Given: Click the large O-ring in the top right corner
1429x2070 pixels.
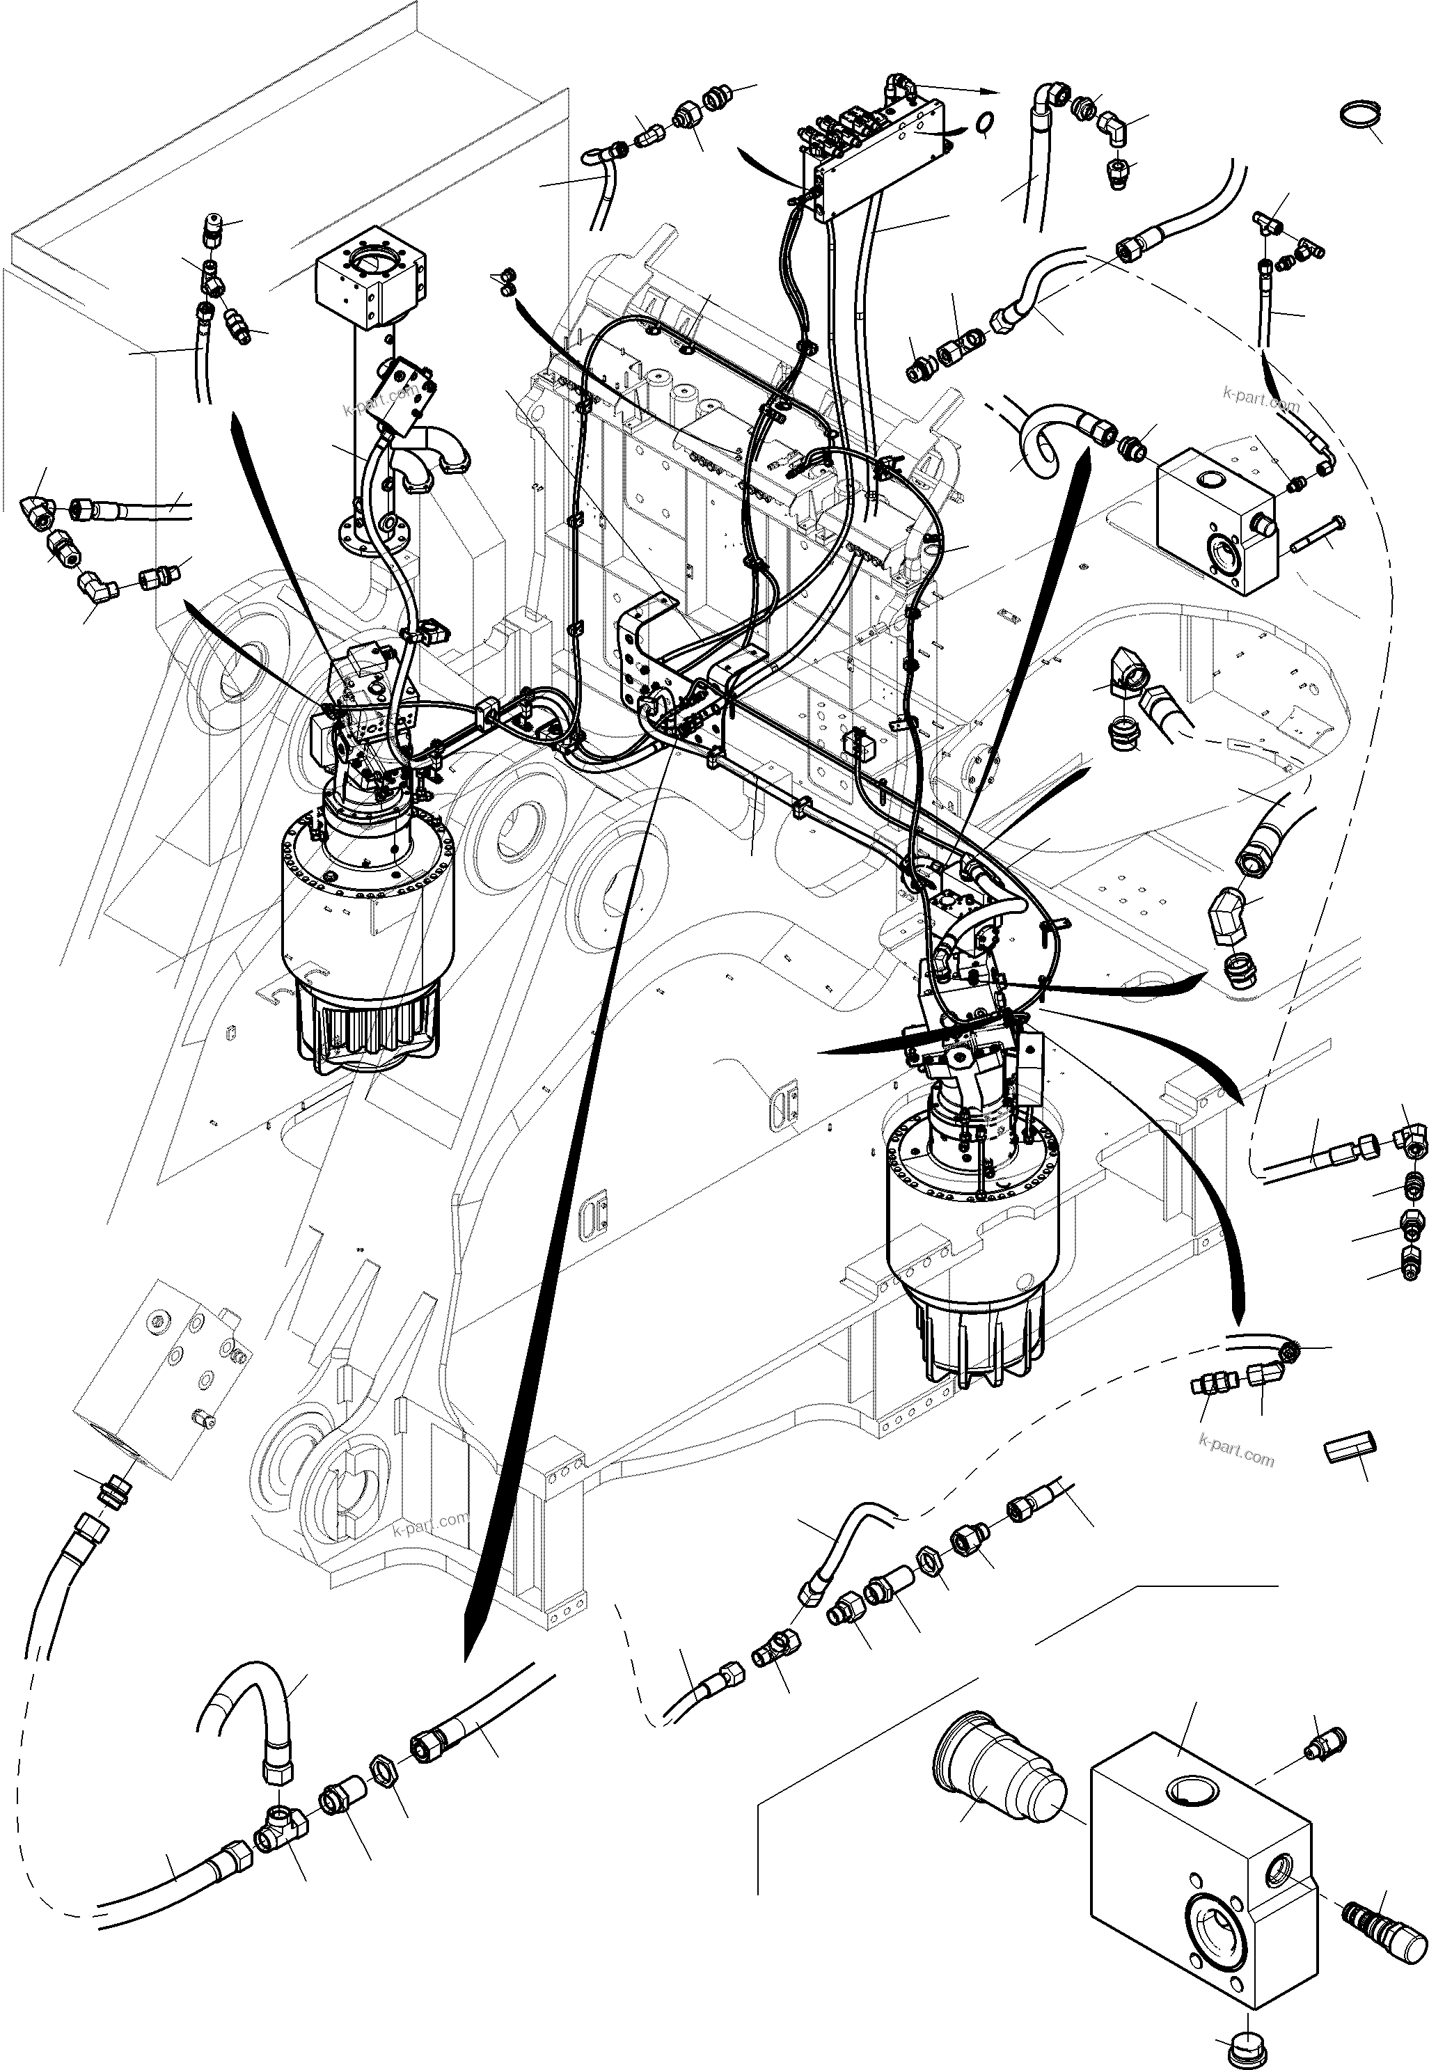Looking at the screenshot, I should click(x=1357, y=116).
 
